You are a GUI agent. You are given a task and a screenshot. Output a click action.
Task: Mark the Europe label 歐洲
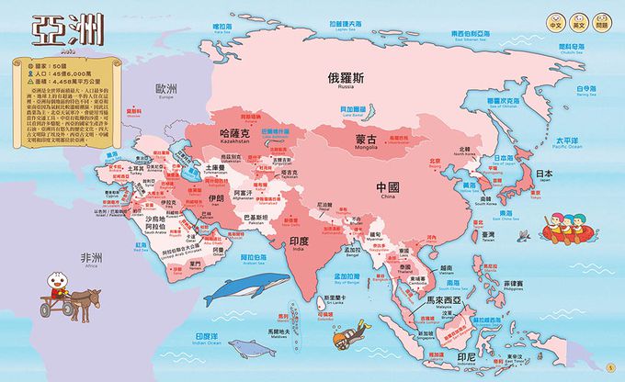coord(165,89)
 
